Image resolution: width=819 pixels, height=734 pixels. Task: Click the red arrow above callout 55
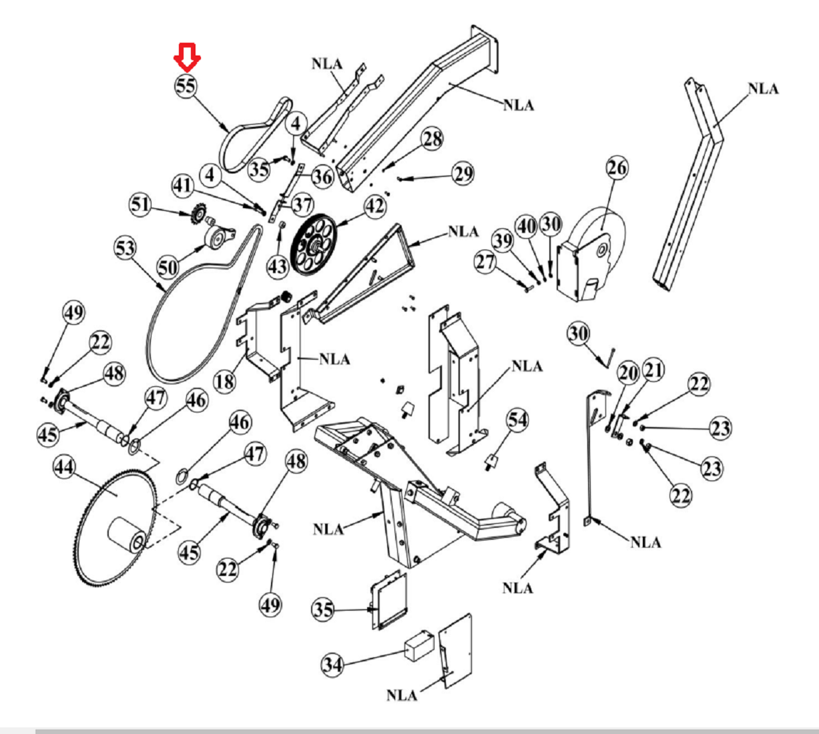(x=187, y=57)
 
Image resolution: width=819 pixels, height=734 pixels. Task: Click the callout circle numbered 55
(x=186, y=86)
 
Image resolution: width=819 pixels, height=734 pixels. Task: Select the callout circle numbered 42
(x=375, y=207)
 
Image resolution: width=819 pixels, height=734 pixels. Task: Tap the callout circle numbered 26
(x=617, y=167)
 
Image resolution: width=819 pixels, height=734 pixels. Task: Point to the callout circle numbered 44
(x=64, y=468)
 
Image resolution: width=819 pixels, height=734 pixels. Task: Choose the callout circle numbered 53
(x=125, y=248)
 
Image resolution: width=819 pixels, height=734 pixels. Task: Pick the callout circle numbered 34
(x=332, y=665)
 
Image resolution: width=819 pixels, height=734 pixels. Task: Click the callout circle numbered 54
(x=517, y=420)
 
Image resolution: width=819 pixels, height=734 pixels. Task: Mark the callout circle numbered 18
(x=225, y=381)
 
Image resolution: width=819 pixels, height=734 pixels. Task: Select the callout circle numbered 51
(x=140, y=204)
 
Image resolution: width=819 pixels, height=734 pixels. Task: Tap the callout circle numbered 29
(x=463, y=173)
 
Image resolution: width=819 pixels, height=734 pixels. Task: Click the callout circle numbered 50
(x=168, y=267)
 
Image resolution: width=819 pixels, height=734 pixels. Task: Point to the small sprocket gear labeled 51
(x=198, y=214)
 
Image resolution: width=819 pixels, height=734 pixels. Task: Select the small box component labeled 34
(x=419, y=645)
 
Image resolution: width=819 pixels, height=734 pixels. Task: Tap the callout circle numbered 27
(x=485, y=262)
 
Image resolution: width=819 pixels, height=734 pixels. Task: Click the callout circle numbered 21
(x=653, y=370)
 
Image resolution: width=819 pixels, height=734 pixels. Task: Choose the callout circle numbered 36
(x=322, y=177)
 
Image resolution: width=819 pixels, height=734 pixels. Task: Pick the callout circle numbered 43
(x=278, y=266)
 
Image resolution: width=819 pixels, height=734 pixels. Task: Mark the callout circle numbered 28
(x=432, y=139)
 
